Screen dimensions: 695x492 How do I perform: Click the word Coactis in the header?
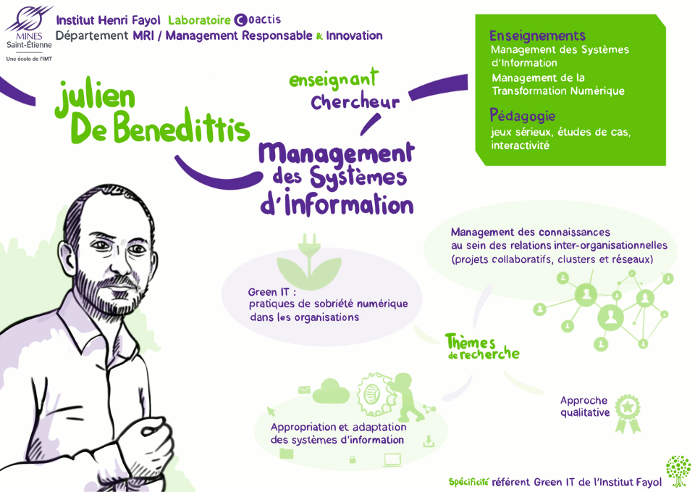pos(258,20)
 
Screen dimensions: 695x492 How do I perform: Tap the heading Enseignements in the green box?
pos(537,36)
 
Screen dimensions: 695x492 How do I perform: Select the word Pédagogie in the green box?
pos(523,116)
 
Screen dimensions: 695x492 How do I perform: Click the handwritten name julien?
pos(96,98)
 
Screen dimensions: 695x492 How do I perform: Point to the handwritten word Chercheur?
pos(355,101)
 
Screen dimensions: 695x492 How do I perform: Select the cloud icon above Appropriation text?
pos(331,391)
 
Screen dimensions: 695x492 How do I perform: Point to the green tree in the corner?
pos(678,471)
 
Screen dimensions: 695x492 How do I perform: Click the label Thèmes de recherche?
pos(482,347)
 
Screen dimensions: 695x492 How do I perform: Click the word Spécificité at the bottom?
pos(468,482)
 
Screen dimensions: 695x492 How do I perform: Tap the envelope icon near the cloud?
pos(304,390)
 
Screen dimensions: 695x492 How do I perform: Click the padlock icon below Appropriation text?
pos(353,459)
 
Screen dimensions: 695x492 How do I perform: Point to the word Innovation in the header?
pos(354,36)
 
